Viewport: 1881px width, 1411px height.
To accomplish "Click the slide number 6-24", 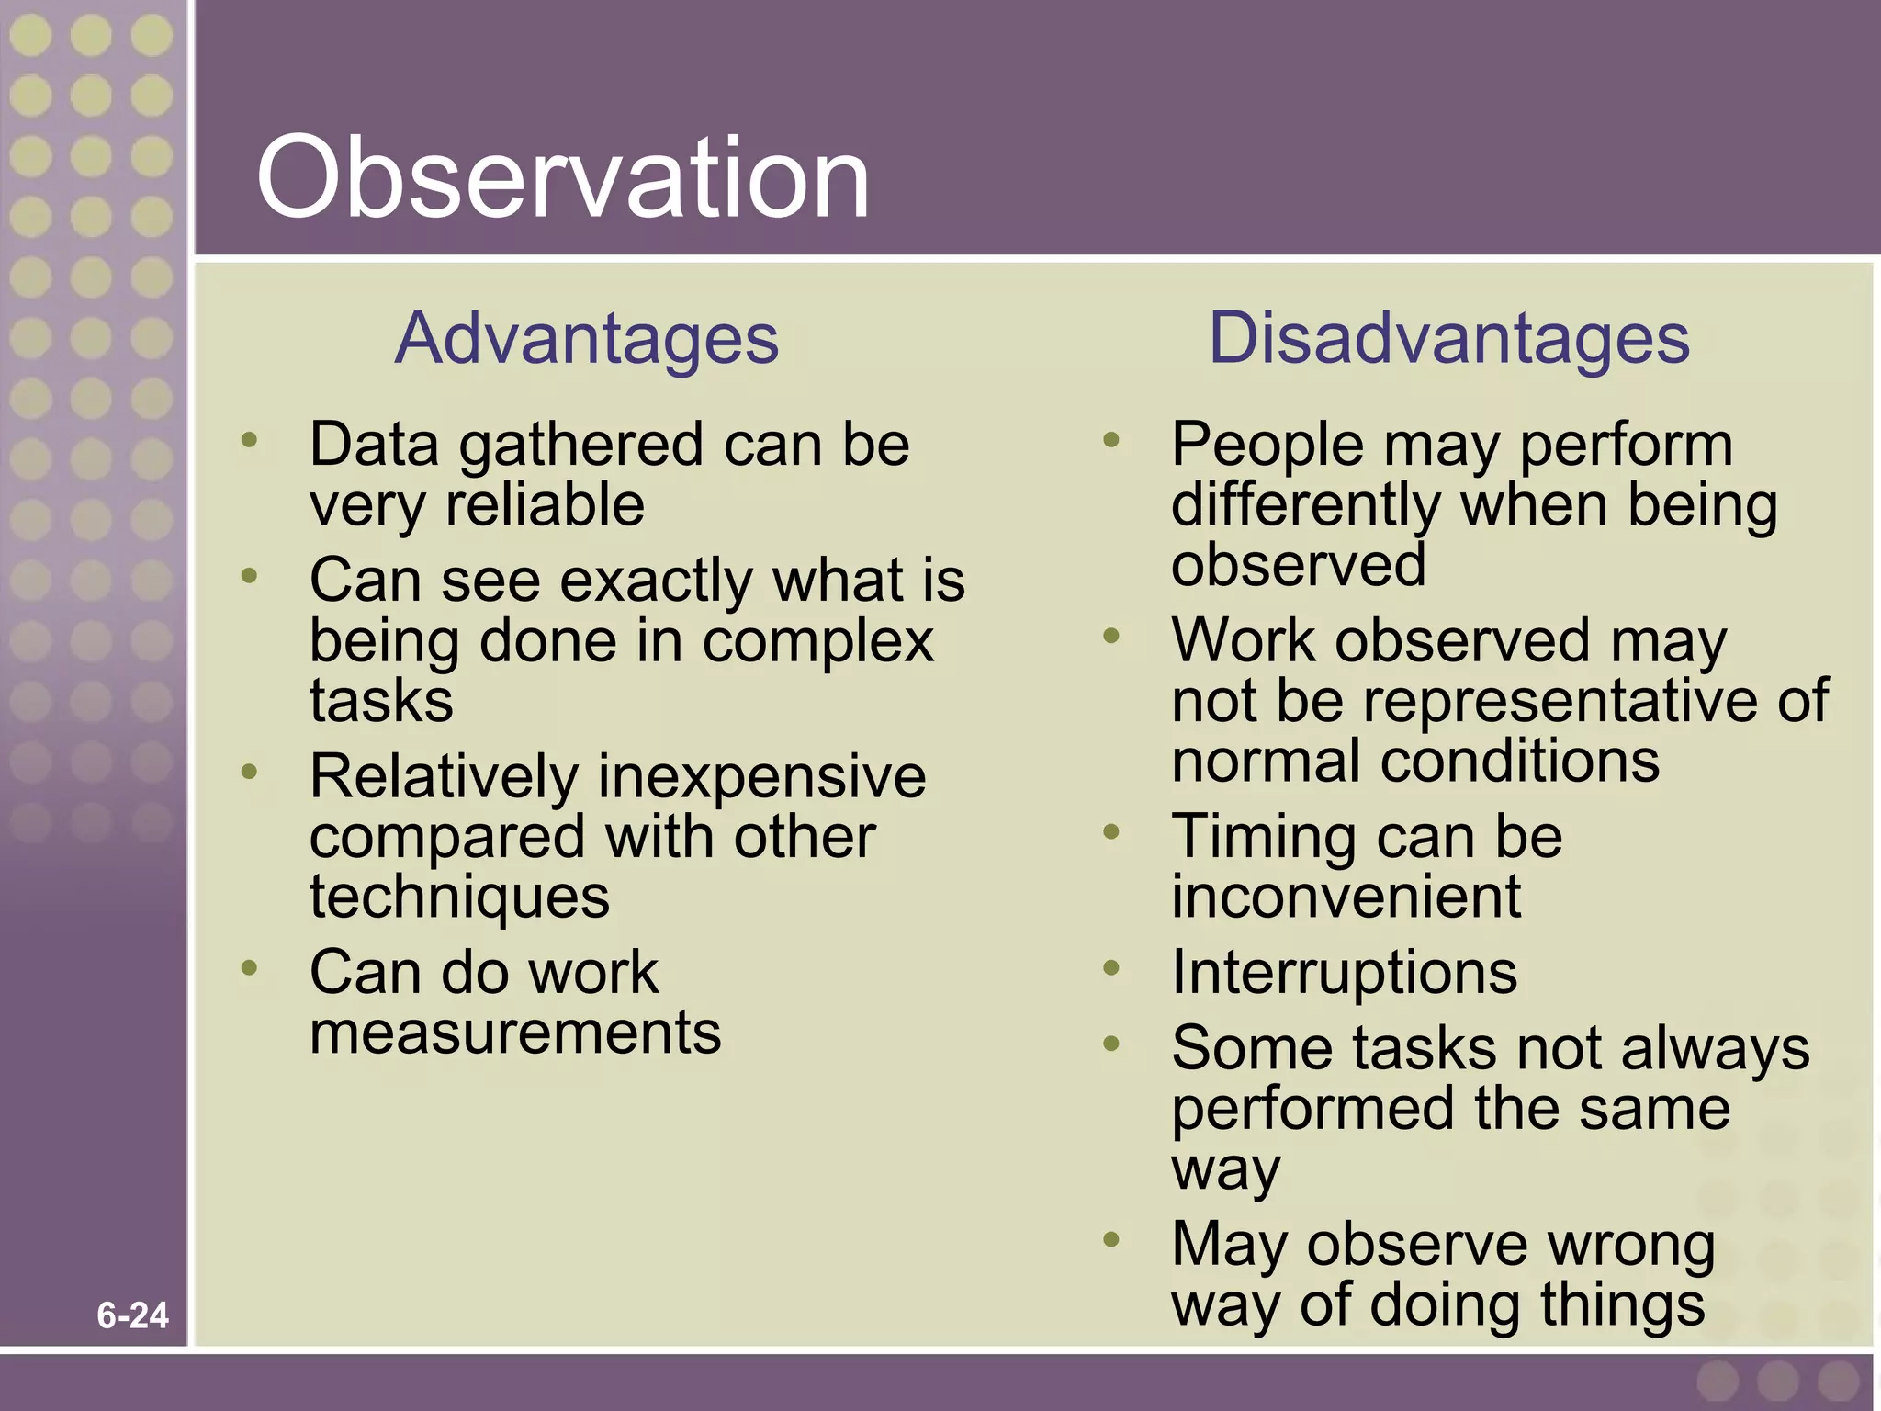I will [132, 1315].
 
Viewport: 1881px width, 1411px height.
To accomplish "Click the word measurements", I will [515, 1033].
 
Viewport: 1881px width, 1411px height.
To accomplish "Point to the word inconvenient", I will [1346, 897].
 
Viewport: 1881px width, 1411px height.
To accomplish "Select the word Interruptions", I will [1344, 972].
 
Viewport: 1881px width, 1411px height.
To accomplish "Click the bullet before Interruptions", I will [1111, 967].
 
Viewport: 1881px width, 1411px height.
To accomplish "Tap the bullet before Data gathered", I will [249, 440].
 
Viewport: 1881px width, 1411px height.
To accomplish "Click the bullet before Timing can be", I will [1111, 831].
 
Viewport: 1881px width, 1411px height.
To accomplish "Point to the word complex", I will [817, 643].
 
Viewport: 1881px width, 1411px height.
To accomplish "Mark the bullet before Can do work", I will [249, 967].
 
